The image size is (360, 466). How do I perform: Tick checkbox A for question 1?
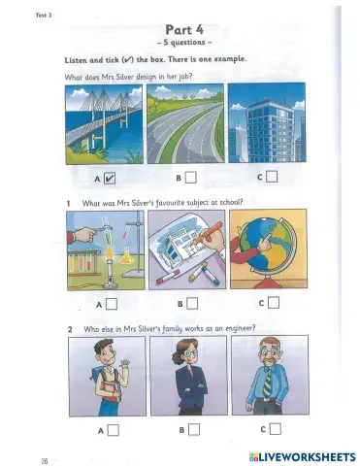(x=112, y=303)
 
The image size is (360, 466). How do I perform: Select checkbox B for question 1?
(x=193, y=303)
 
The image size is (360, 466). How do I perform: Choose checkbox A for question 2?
(x=114, y=428)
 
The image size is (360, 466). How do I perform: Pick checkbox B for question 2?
(x=193, y=428)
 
